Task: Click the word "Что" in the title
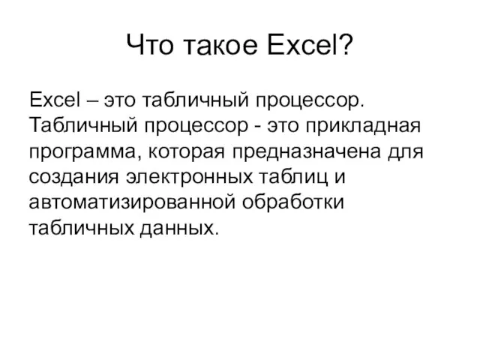click(x=150, y=45)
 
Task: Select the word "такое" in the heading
click(x=220, y=46)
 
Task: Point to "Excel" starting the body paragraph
click(x=55, y=100)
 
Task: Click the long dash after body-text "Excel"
click(x=92, y=101)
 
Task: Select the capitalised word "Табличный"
click(x=83, y=125)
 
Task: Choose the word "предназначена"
click(x=307, y=152)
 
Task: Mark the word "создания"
click(x=73, y=178)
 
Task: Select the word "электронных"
click(x=190, y=178)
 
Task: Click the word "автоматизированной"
click(x=132, y=202)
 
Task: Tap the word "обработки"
click(x=293, y=202)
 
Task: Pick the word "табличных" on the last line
click(x=82, y=228)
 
